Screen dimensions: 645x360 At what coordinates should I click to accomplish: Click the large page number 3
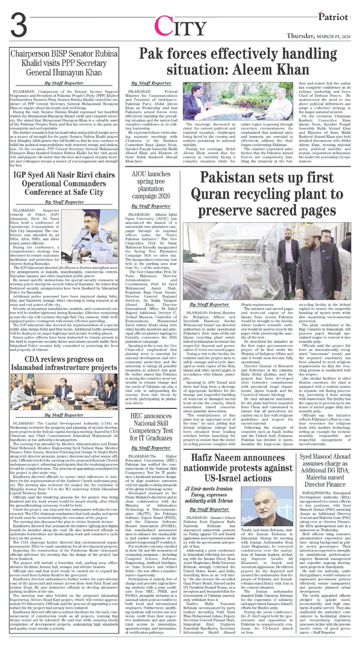20,27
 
